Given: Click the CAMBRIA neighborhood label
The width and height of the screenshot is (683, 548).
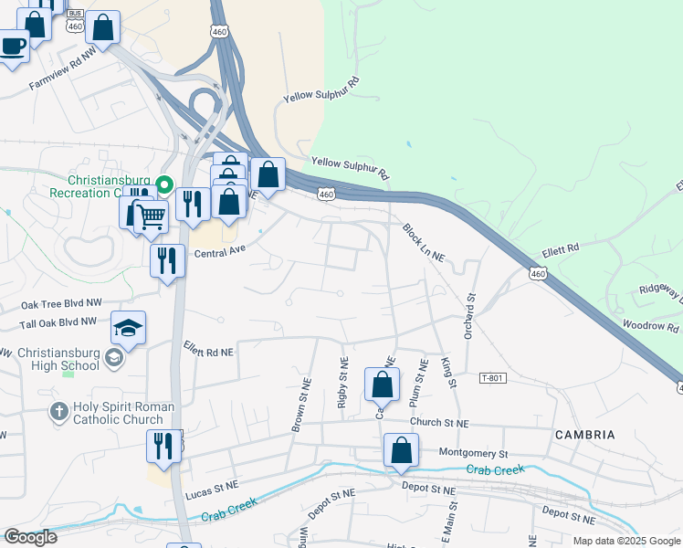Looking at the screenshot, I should tap(585, 435).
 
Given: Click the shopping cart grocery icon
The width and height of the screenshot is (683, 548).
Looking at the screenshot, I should tap(151, 216).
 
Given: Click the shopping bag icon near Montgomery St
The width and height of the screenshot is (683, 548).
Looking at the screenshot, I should tap(401, 450).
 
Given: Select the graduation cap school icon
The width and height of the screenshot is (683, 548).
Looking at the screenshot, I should tap(129, 327).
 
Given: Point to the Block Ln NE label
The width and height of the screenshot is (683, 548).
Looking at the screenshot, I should tap(424, 244).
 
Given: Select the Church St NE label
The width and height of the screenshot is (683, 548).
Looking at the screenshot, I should tap(438, 424).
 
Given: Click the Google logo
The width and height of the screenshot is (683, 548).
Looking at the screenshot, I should tap(30, 537).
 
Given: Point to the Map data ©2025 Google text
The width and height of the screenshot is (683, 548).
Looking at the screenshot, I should tap(625, 541).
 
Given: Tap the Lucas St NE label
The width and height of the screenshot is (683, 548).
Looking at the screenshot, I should tap(212, 491).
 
